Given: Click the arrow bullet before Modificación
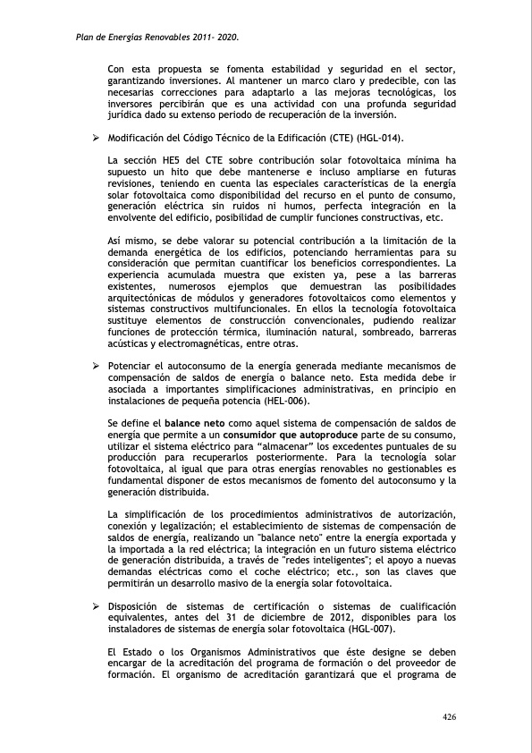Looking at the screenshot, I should point(95,139).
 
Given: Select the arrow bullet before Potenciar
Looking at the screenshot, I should point(95,367).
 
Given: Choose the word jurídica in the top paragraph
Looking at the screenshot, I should point(126,114).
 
